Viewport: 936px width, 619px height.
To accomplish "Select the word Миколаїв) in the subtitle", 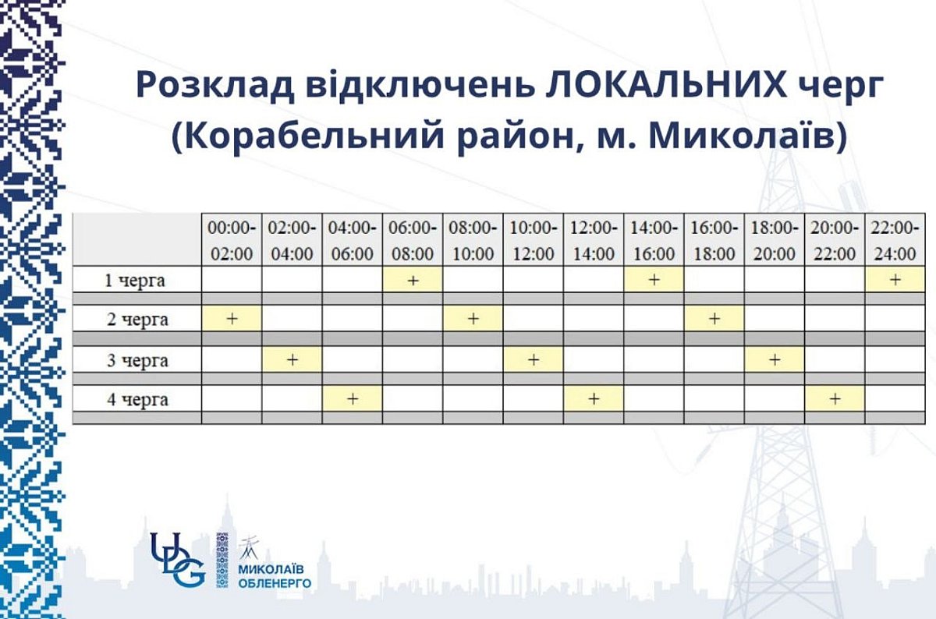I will [x=748, y=136].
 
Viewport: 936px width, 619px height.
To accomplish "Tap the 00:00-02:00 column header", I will [x=232, y=240].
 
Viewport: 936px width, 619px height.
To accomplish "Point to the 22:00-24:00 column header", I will [x=895, y=240].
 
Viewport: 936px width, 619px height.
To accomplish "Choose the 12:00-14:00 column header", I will [x=594, y=240].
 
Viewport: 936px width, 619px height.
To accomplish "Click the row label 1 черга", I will [x=137, y=281].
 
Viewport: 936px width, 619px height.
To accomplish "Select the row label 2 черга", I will [x=137, y=319].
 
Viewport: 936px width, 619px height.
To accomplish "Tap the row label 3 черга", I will [x=137, y=360].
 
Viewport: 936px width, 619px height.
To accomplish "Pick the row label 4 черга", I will [x=137, y=400].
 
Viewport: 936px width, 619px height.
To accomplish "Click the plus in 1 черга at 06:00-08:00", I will [x=413, y=281].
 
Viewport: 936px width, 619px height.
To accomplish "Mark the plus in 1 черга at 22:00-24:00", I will [x=895, y=281].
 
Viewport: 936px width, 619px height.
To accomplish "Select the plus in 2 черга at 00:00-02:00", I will [x=232, y=319].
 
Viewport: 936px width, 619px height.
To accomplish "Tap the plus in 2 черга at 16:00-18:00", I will [x=714, y=319].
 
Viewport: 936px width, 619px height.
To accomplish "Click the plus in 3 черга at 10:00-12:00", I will [x=534, y=360].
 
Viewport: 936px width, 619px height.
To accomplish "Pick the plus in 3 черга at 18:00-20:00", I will [x=775, y=360].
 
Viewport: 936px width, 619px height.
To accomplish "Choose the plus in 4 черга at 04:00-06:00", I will [x=353, y=400].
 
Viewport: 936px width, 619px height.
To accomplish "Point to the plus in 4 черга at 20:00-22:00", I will [x=835, y=400].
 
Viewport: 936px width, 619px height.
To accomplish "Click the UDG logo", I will [x=178, y=559].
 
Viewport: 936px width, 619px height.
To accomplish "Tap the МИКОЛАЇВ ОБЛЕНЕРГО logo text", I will [x=274, y=576].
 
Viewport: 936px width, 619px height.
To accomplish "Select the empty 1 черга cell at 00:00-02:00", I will [x=232, y=281].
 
